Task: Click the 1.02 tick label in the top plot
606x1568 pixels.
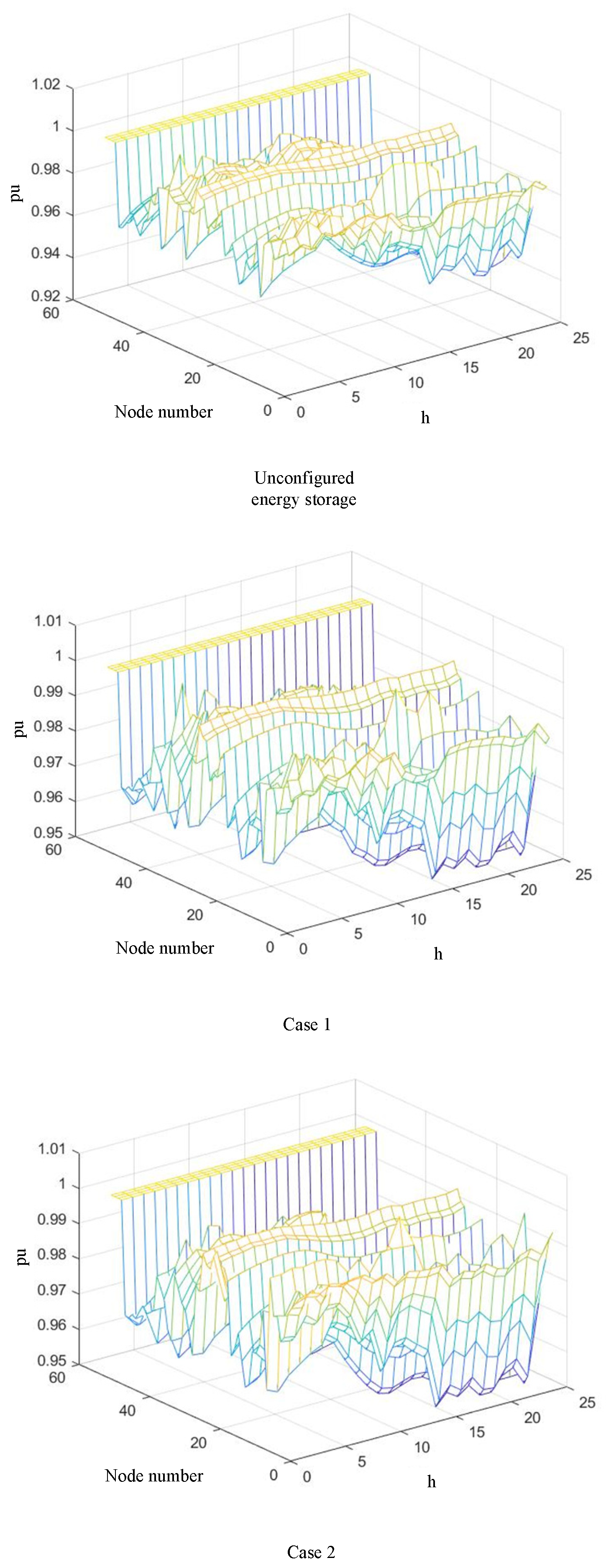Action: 46,84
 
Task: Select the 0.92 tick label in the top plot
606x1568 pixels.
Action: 46,297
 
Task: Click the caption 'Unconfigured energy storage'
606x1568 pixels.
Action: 304,489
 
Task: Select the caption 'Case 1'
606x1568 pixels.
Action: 307,1024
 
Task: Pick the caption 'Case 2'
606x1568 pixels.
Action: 311,1552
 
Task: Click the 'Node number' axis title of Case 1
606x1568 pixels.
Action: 165,948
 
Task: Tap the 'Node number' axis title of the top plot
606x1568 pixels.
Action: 164,412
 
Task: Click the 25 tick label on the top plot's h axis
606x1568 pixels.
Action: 580,338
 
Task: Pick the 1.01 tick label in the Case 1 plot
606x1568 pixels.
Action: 49,621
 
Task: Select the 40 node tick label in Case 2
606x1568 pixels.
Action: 127,1410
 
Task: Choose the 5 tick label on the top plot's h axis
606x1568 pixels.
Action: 355,397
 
